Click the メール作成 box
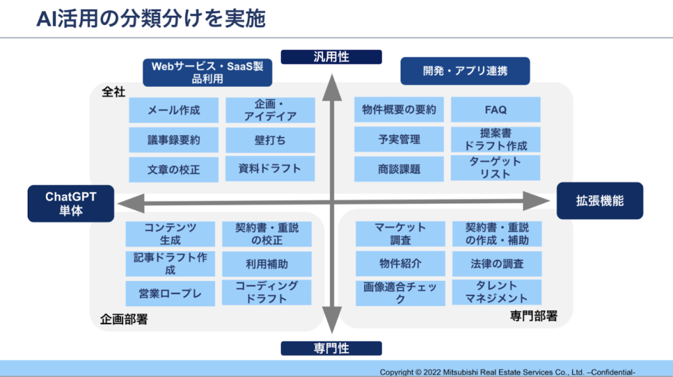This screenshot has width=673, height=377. tap(174, 110)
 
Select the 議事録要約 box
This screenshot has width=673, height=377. tap(174, 140)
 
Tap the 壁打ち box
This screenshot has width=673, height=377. tap(270, 140)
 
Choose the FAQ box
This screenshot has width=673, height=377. tap(495, 110)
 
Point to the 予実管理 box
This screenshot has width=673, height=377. tap(399, 139)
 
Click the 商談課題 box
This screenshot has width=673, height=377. tap(399, 169)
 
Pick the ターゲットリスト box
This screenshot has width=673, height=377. tap(495, 168)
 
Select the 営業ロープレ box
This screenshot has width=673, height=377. tap(170, 293)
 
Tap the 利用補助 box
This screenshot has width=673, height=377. tap(266, 264)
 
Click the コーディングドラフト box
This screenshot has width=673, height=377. tap(266, 292)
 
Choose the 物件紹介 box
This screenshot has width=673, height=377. tap(400, 264)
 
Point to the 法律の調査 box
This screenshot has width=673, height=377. tap(497, 264)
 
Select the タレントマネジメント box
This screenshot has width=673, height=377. tap(497, 292)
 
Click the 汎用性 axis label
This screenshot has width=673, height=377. tap(331, 57)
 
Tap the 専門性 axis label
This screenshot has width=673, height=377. tap(331, 348)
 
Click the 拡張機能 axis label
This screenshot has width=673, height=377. tap(599, 201)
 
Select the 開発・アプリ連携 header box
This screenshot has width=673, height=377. tap(465, 71)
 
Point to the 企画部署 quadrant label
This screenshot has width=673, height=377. tap(124, 320)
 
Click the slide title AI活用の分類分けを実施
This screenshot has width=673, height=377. tap(151, 18)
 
